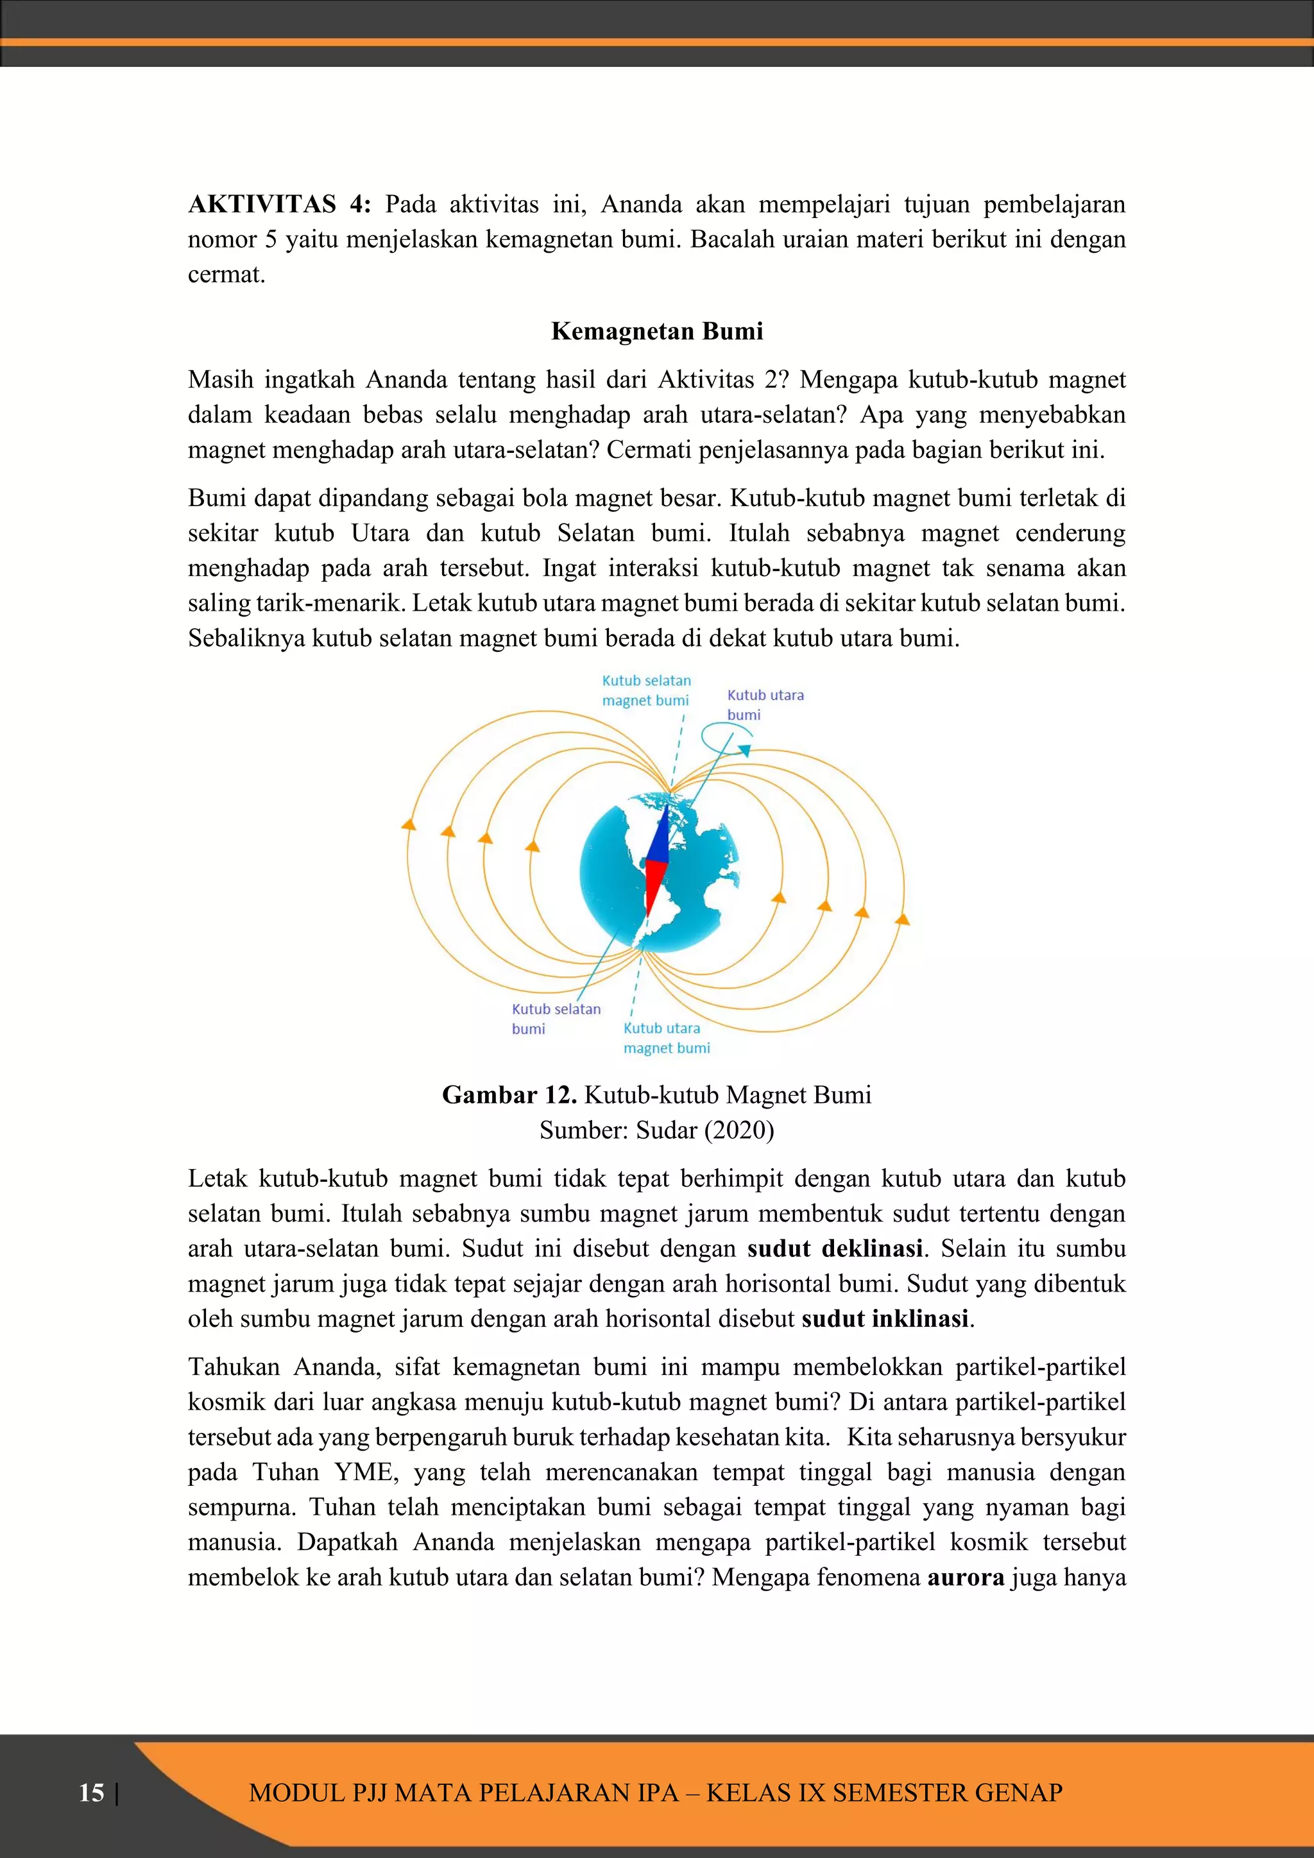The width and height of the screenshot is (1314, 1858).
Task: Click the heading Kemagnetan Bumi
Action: pos(657,331)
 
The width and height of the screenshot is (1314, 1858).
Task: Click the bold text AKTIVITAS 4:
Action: pos(279,204)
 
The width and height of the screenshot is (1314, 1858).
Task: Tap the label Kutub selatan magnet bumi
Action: pos(645,690)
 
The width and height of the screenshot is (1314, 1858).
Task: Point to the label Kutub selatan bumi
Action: pos(556,1018)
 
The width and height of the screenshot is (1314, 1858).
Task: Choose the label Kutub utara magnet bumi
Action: pos(666,1037)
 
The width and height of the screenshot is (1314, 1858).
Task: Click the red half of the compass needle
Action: pos(654,886)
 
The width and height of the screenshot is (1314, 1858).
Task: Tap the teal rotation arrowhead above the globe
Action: pos(744,751)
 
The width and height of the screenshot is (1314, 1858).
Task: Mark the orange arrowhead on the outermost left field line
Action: pos(409,824)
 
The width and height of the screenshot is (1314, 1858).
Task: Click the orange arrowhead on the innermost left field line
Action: pos(533,846)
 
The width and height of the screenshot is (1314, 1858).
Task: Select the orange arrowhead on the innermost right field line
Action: pos(779,897)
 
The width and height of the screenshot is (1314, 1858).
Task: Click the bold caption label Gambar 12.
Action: pos(509,1095)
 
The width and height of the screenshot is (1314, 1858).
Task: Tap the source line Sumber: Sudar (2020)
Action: pos(657,1130)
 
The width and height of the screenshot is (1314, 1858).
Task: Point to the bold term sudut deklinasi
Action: pos(835,1249)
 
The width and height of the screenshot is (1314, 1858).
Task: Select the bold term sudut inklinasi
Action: pos(885,1319)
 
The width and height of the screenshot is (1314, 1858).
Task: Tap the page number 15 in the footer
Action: pos(92,1793)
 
